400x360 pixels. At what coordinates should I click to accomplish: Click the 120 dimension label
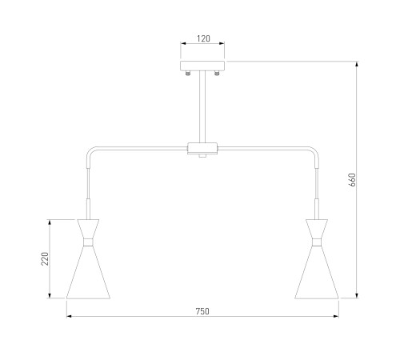[203, 38]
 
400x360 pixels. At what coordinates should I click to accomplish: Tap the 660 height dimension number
[352, 180]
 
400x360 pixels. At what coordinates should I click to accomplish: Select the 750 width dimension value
[202, 311]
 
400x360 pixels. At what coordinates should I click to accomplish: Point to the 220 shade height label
[45, 258]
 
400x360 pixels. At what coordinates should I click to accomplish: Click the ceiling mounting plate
[202, 66]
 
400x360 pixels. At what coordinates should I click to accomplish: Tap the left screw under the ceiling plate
[188, 73]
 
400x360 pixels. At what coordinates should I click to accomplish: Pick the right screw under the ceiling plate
[217, 73]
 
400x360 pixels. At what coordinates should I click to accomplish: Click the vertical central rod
[202, 106]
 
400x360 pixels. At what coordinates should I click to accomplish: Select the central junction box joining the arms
[202, 148]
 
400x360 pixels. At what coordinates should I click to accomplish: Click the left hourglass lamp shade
[88, 258]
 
